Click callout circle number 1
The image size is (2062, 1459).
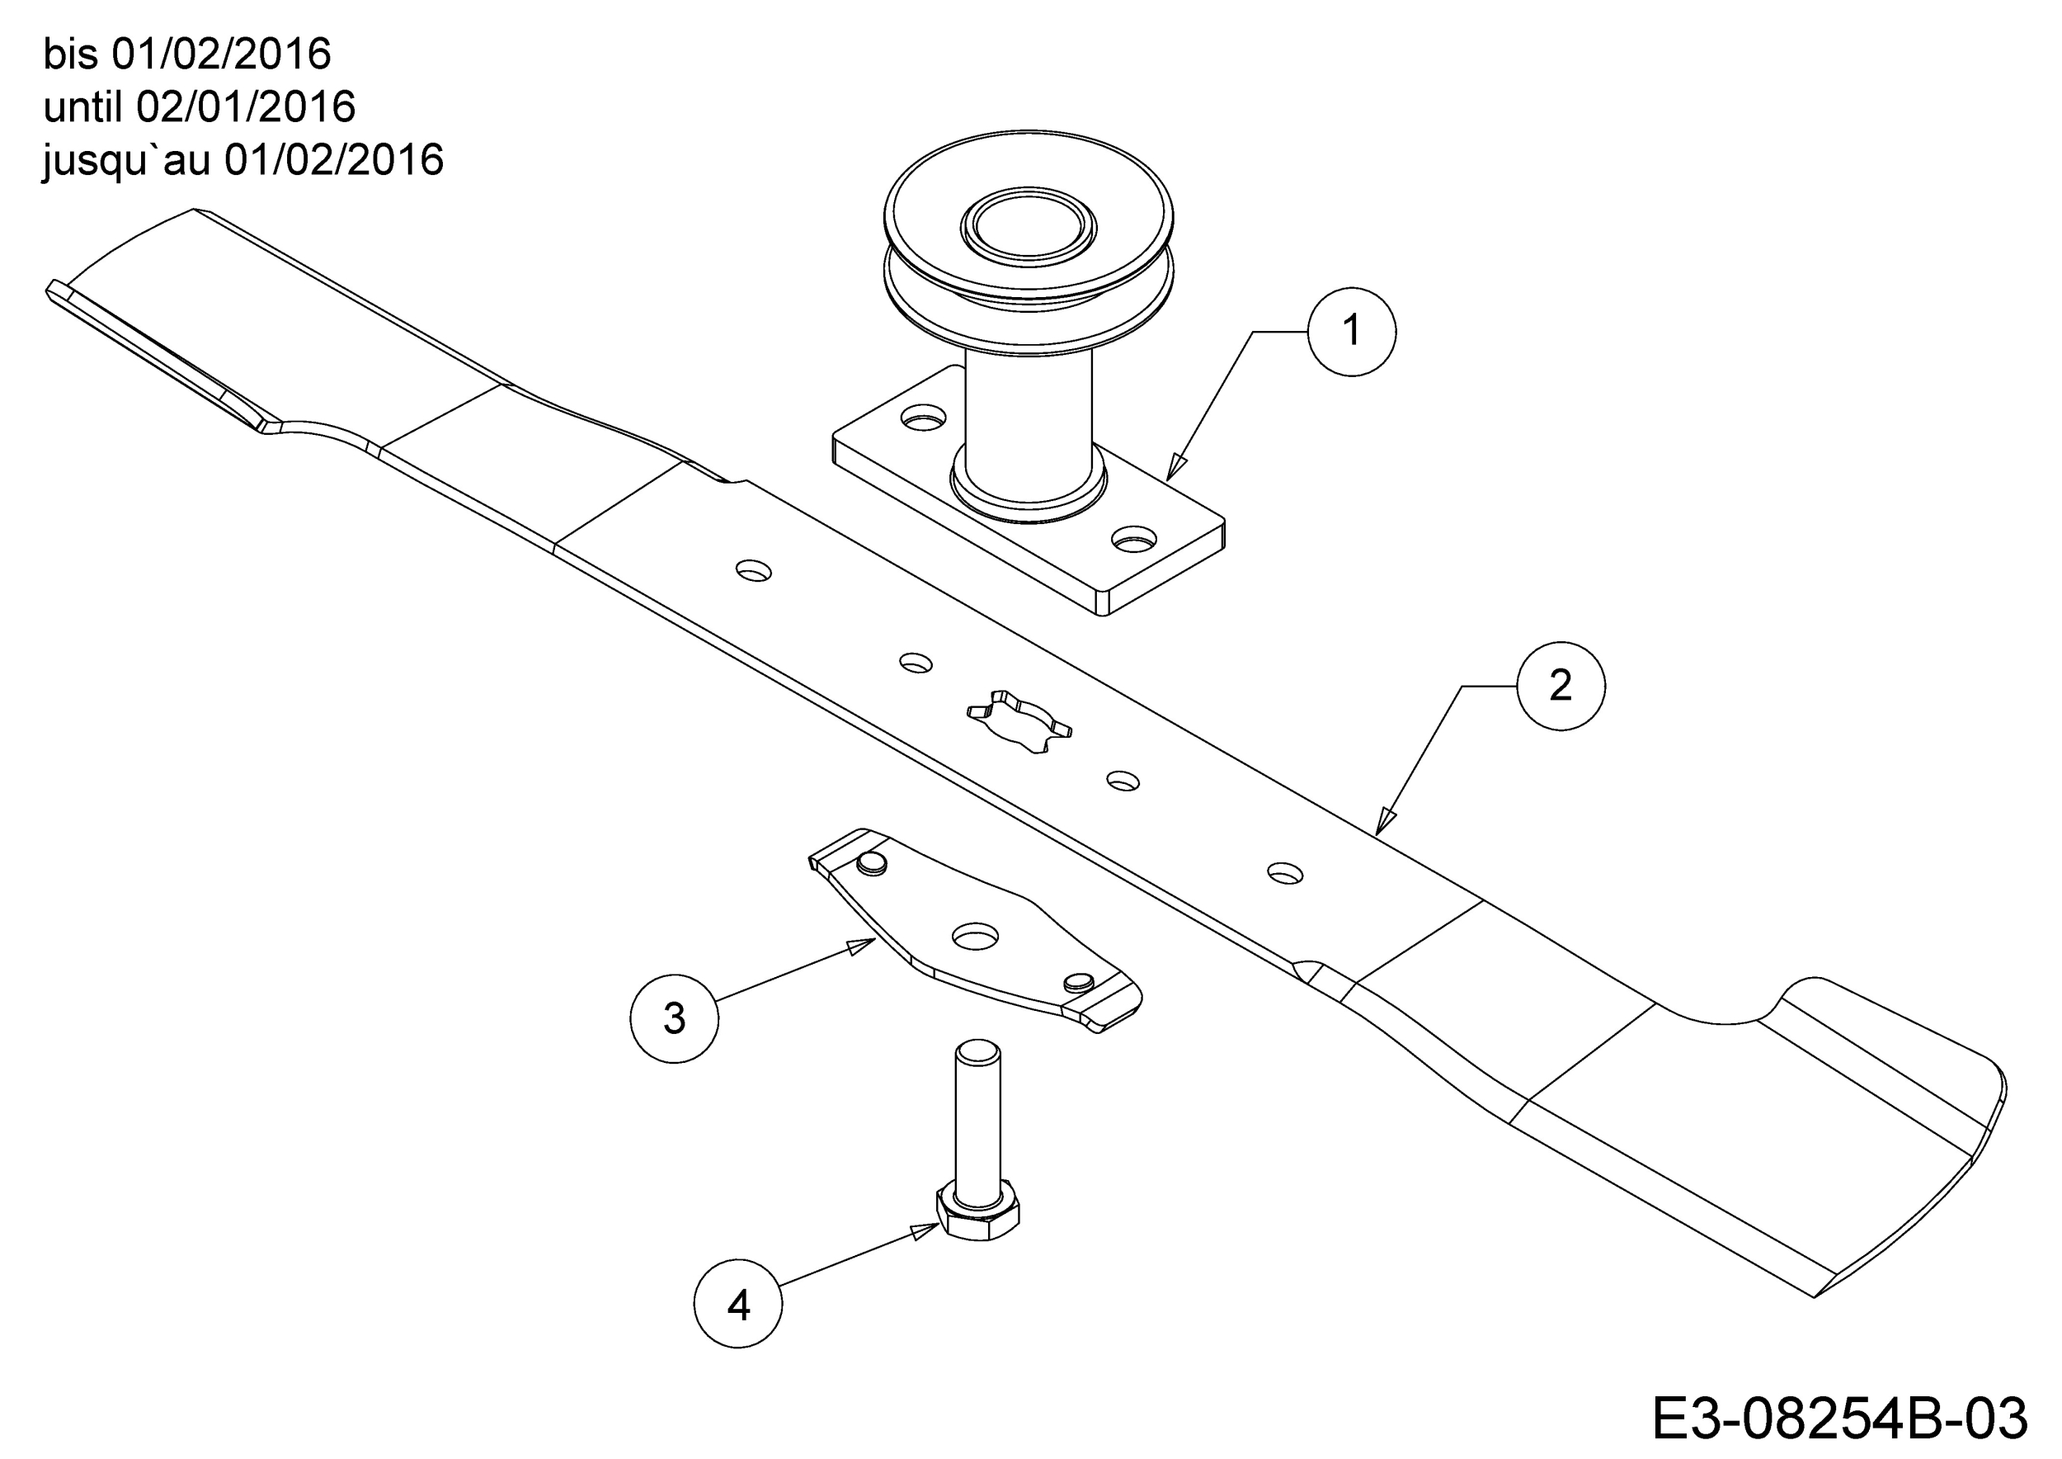point(1352,332)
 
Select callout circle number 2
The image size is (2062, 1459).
point(1561,686)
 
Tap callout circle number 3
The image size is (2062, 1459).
point(675,1019)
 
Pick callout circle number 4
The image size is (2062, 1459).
point(738,1304)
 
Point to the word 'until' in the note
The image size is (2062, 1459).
point(82,107)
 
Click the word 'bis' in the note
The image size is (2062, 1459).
point(70,54)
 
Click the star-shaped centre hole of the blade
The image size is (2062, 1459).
point(1019,720)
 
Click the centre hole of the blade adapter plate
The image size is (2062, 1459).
point(975,936)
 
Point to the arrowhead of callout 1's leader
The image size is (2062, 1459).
point(1176,468)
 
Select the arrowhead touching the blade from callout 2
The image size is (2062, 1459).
point(1386,821)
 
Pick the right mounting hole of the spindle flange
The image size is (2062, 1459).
point(1134,539)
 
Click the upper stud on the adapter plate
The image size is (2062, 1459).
point(871,863)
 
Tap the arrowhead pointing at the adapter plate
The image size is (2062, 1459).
point(862,946)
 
